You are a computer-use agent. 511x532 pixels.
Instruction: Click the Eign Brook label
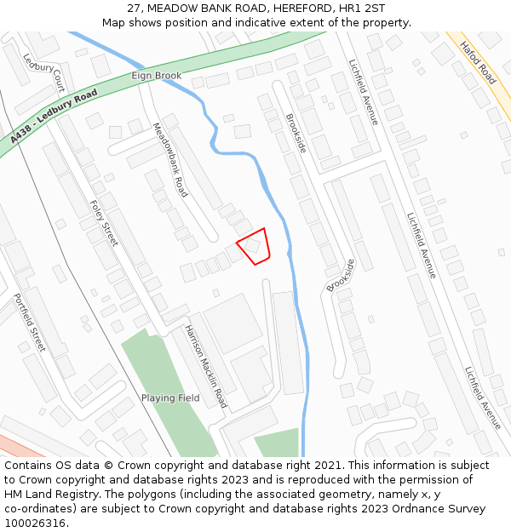[x=157, y=76]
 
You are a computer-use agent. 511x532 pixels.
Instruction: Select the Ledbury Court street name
[x=44, y=74]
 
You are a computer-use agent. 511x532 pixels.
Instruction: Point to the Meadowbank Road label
[x=169, y=160]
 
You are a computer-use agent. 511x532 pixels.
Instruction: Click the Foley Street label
[x=104, y=223]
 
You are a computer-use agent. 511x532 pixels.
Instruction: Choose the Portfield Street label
[x=29, y=323]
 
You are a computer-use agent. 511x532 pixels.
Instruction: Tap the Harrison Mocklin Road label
[x=206, y=366]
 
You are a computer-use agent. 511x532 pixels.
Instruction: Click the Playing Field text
[x=170, y=398]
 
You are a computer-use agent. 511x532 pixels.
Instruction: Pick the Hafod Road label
[x=478, y=62]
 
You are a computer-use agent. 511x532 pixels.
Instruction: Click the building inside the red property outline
[x=253, y=246]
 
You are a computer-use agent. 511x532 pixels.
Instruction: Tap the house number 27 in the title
[x=135, y=9]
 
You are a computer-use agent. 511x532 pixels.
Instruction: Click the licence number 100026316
[x=35, y=523]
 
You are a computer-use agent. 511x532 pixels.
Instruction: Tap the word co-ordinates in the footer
[x=39, y=509]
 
